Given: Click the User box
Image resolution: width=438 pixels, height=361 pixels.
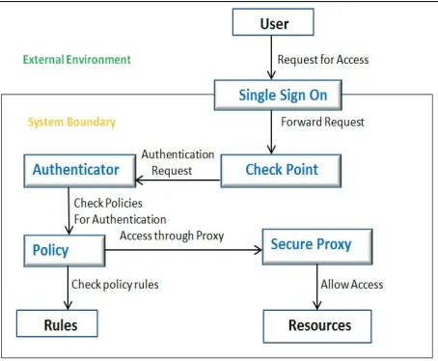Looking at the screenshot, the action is point(273,22).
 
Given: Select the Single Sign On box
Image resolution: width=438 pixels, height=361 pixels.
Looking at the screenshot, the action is point(278,95).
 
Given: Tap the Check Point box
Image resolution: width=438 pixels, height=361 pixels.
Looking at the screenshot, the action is point(281,171).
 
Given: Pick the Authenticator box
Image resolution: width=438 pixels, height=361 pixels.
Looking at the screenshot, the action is point(80,171).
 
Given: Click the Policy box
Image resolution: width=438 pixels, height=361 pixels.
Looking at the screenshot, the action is point(65,251).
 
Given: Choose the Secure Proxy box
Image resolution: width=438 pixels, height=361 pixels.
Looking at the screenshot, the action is point(317,247).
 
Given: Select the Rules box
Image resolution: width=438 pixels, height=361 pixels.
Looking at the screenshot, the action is point(57,323).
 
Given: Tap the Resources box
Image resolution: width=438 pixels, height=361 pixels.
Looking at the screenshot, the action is point(317,326).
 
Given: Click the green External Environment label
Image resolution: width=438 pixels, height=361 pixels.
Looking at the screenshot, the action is point(77,60).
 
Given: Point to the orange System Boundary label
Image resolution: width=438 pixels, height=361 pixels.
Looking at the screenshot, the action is point(71,122).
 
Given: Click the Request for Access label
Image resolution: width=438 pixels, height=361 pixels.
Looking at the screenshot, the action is point(323,60).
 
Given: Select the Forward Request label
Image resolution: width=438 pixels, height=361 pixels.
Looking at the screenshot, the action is point(322,122).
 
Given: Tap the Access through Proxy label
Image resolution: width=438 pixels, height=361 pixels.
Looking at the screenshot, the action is point(172,236).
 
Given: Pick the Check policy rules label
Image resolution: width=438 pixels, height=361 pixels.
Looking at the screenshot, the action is point(115,285).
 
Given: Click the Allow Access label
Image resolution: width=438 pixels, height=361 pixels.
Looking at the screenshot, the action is point(352,285).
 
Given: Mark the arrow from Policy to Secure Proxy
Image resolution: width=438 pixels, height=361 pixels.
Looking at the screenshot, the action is point(183,250).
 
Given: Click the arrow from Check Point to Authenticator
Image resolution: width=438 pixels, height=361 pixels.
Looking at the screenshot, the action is point(178,180).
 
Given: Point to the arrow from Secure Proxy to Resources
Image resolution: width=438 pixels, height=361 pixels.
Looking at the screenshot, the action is point(317,288).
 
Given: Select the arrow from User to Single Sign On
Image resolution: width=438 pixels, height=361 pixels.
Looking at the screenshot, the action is point(271,58).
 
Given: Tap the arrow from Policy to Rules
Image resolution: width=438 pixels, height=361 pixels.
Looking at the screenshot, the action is point(68,289).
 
